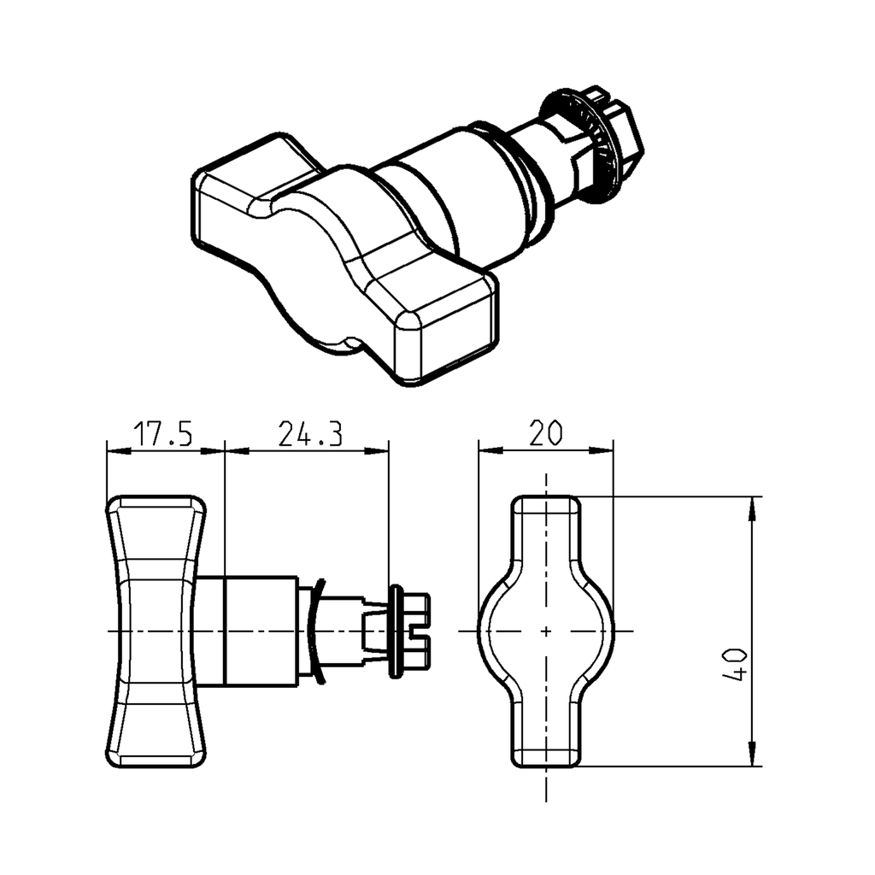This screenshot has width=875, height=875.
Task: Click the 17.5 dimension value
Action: point(164,434)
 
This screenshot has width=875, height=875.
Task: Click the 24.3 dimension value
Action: point(310,434)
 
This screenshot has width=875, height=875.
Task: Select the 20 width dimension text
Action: point(545,434)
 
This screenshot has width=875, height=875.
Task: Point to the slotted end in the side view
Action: point(416,631)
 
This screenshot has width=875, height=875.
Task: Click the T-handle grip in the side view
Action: point(156,631)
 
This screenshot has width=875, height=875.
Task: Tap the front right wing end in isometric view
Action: point(444,329)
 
